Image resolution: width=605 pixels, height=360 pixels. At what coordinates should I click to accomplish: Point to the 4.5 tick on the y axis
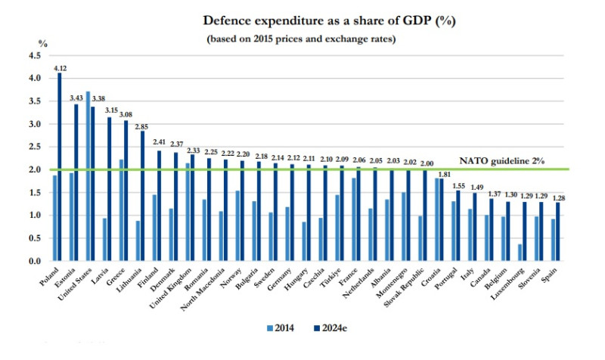click(x=35, y=56)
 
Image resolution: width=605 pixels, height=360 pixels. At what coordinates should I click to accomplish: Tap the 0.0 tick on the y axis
click(x=35, y=261)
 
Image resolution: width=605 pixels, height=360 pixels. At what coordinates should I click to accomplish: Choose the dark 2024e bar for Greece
click(x=126, y=190)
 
